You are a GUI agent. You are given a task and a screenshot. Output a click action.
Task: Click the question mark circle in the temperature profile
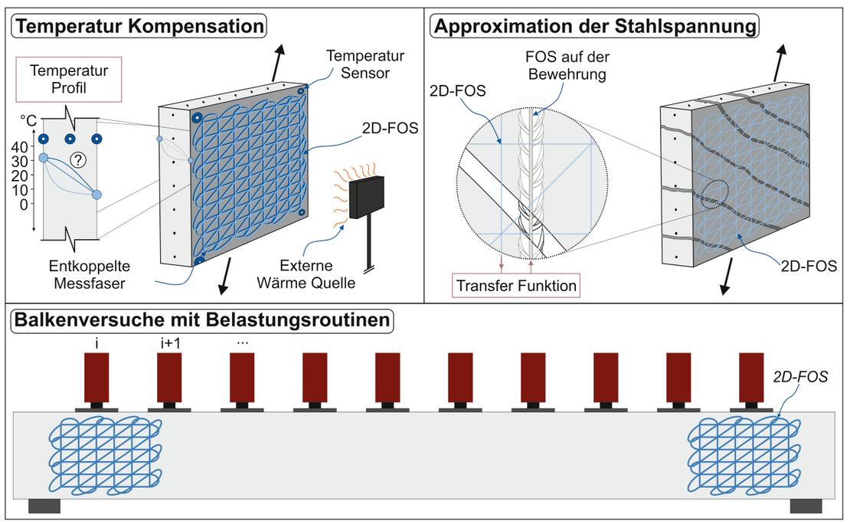pyautogui.click(x=77, y=159)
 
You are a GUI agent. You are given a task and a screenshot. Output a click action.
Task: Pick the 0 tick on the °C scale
pyautogui.click(x=25, y=204)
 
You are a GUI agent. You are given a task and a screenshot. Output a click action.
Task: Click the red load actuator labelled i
pyautogui.click(x=96, y=378)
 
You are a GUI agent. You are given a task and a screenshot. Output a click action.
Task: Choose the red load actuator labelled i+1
pyautogui.click(x=169, y=378)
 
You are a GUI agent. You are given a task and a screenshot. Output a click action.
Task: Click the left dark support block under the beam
pyautogui.click(x=44, y=506)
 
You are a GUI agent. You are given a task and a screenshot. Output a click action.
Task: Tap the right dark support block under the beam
pyautogui.click(x=806, y=506)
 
